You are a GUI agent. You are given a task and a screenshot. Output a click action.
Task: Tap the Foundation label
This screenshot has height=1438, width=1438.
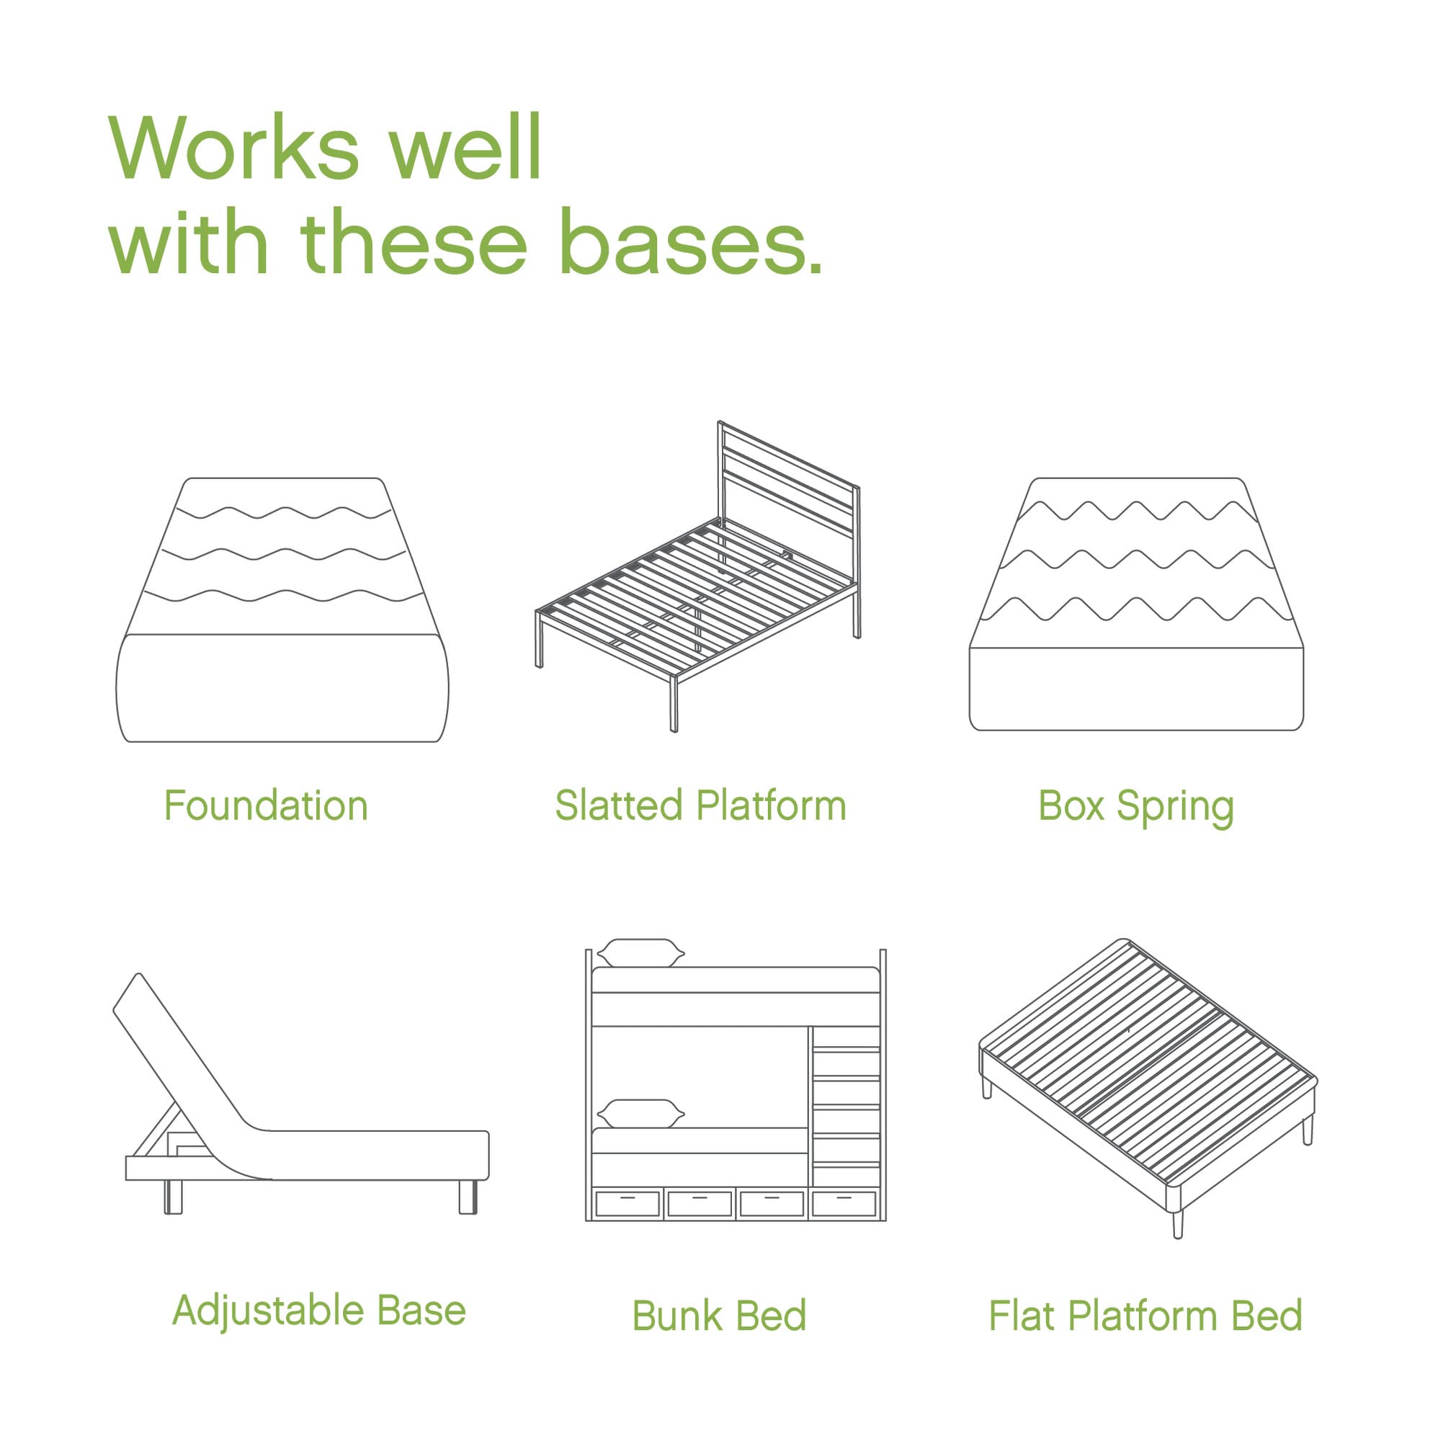(266, 806)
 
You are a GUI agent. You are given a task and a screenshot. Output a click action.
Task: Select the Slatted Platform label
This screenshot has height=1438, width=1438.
(700, 806)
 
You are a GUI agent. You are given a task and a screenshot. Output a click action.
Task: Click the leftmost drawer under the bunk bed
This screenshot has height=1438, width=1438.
(628, 1204)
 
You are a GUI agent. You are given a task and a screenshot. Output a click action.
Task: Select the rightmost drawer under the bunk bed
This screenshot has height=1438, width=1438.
(844, 1204)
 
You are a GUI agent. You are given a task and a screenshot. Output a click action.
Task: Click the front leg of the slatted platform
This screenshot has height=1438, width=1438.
(674, 703)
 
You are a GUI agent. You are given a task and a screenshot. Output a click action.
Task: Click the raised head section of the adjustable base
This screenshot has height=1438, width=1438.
(179, 1050)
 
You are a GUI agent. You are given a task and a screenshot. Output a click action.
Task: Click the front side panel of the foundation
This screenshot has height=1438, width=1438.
(283, 688)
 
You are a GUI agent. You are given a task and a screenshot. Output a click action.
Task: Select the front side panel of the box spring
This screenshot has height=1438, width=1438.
(1136, 689)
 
